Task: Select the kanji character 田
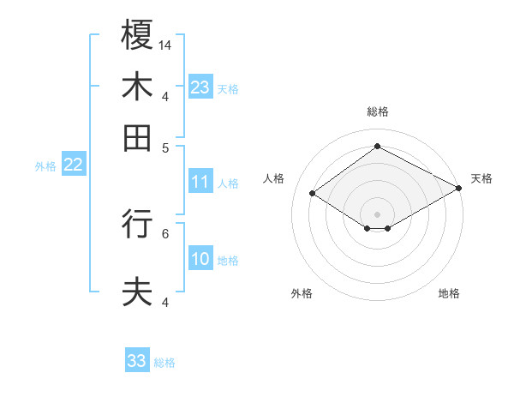tap(137, 137)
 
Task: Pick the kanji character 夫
tap(137, 292)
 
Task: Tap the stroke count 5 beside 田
tap(166, 147)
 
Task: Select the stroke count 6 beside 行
tap(166, 232)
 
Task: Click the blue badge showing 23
tap(200, 87)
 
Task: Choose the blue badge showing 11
tap(200, 182)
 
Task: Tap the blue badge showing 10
tap(200, 259)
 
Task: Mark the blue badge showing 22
tap(73, 165)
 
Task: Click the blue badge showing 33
tap(137, 361)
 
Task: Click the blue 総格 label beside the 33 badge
tap(164, 363)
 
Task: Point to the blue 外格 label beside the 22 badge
tap(45, 166)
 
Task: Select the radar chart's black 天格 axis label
tap(481, 178)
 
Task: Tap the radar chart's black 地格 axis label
tap(449, 293)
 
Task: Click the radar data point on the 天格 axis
tap(458, 189)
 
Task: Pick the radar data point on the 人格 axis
tap(313, 194)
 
